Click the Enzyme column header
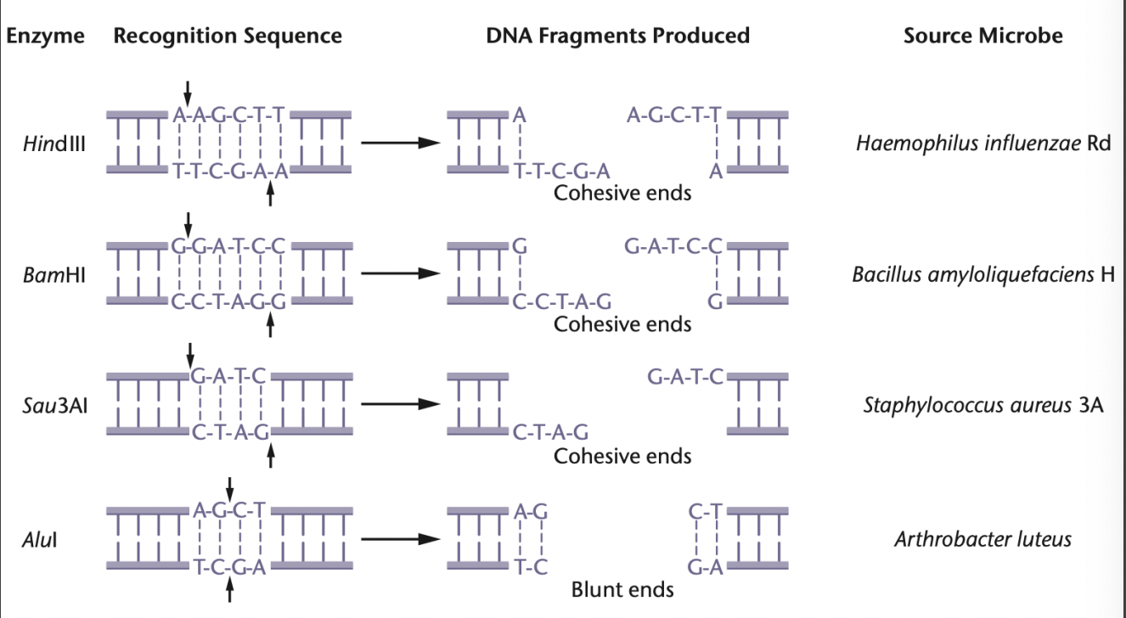(46, 36)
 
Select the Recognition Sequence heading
(228, 36)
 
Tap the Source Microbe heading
(982, 36)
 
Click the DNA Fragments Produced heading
(618, 36)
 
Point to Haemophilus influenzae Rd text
(983, 143)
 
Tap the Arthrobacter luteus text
(982, 539)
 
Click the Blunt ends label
(622, 589)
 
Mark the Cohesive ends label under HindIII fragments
(622, 193)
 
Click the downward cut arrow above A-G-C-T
(229, 490)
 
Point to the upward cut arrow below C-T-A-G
(271, 457)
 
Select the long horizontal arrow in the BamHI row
(400, 274)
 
